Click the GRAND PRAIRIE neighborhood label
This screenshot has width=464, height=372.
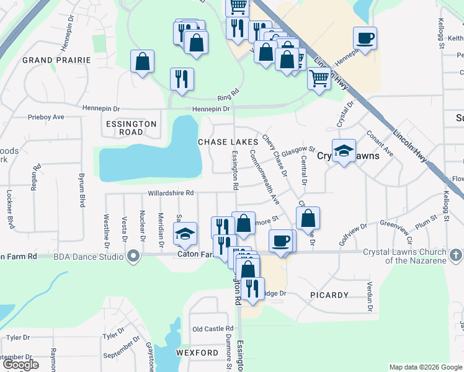tap(56, 60)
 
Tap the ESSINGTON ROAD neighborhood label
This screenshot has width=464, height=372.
tap(131, 128)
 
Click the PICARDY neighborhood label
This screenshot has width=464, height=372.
tap(328, 294)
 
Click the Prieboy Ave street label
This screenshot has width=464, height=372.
tap(46, 117)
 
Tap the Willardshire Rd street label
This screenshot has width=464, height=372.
tap(171, 193)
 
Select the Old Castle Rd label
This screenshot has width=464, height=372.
tap(213, 329)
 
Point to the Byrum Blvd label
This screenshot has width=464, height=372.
tap(81, 190)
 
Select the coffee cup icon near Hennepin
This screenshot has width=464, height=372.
tap(365, 37)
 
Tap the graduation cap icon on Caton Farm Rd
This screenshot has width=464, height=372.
tap(185, 234)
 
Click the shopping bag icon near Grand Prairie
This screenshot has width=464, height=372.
tap(142, 61)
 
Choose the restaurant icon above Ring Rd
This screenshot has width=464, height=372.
tap(182, 79)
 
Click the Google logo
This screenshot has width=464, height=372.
tap(20, 365)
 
